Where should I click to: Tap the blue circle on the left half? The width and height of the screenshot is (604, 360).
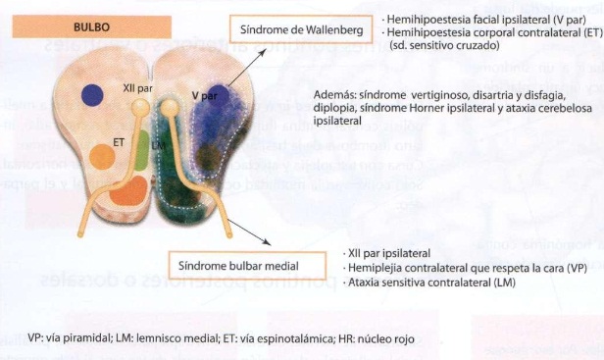tap(93, 95)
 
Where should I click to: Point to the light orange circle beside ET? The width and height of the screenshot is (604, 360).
tap(102, 155)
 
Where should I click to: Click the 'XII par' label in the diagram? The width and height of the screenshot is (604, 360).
tap(135, 86)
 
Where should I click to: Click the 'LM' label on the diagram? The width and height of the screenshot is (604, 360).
tap(161, 144)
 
